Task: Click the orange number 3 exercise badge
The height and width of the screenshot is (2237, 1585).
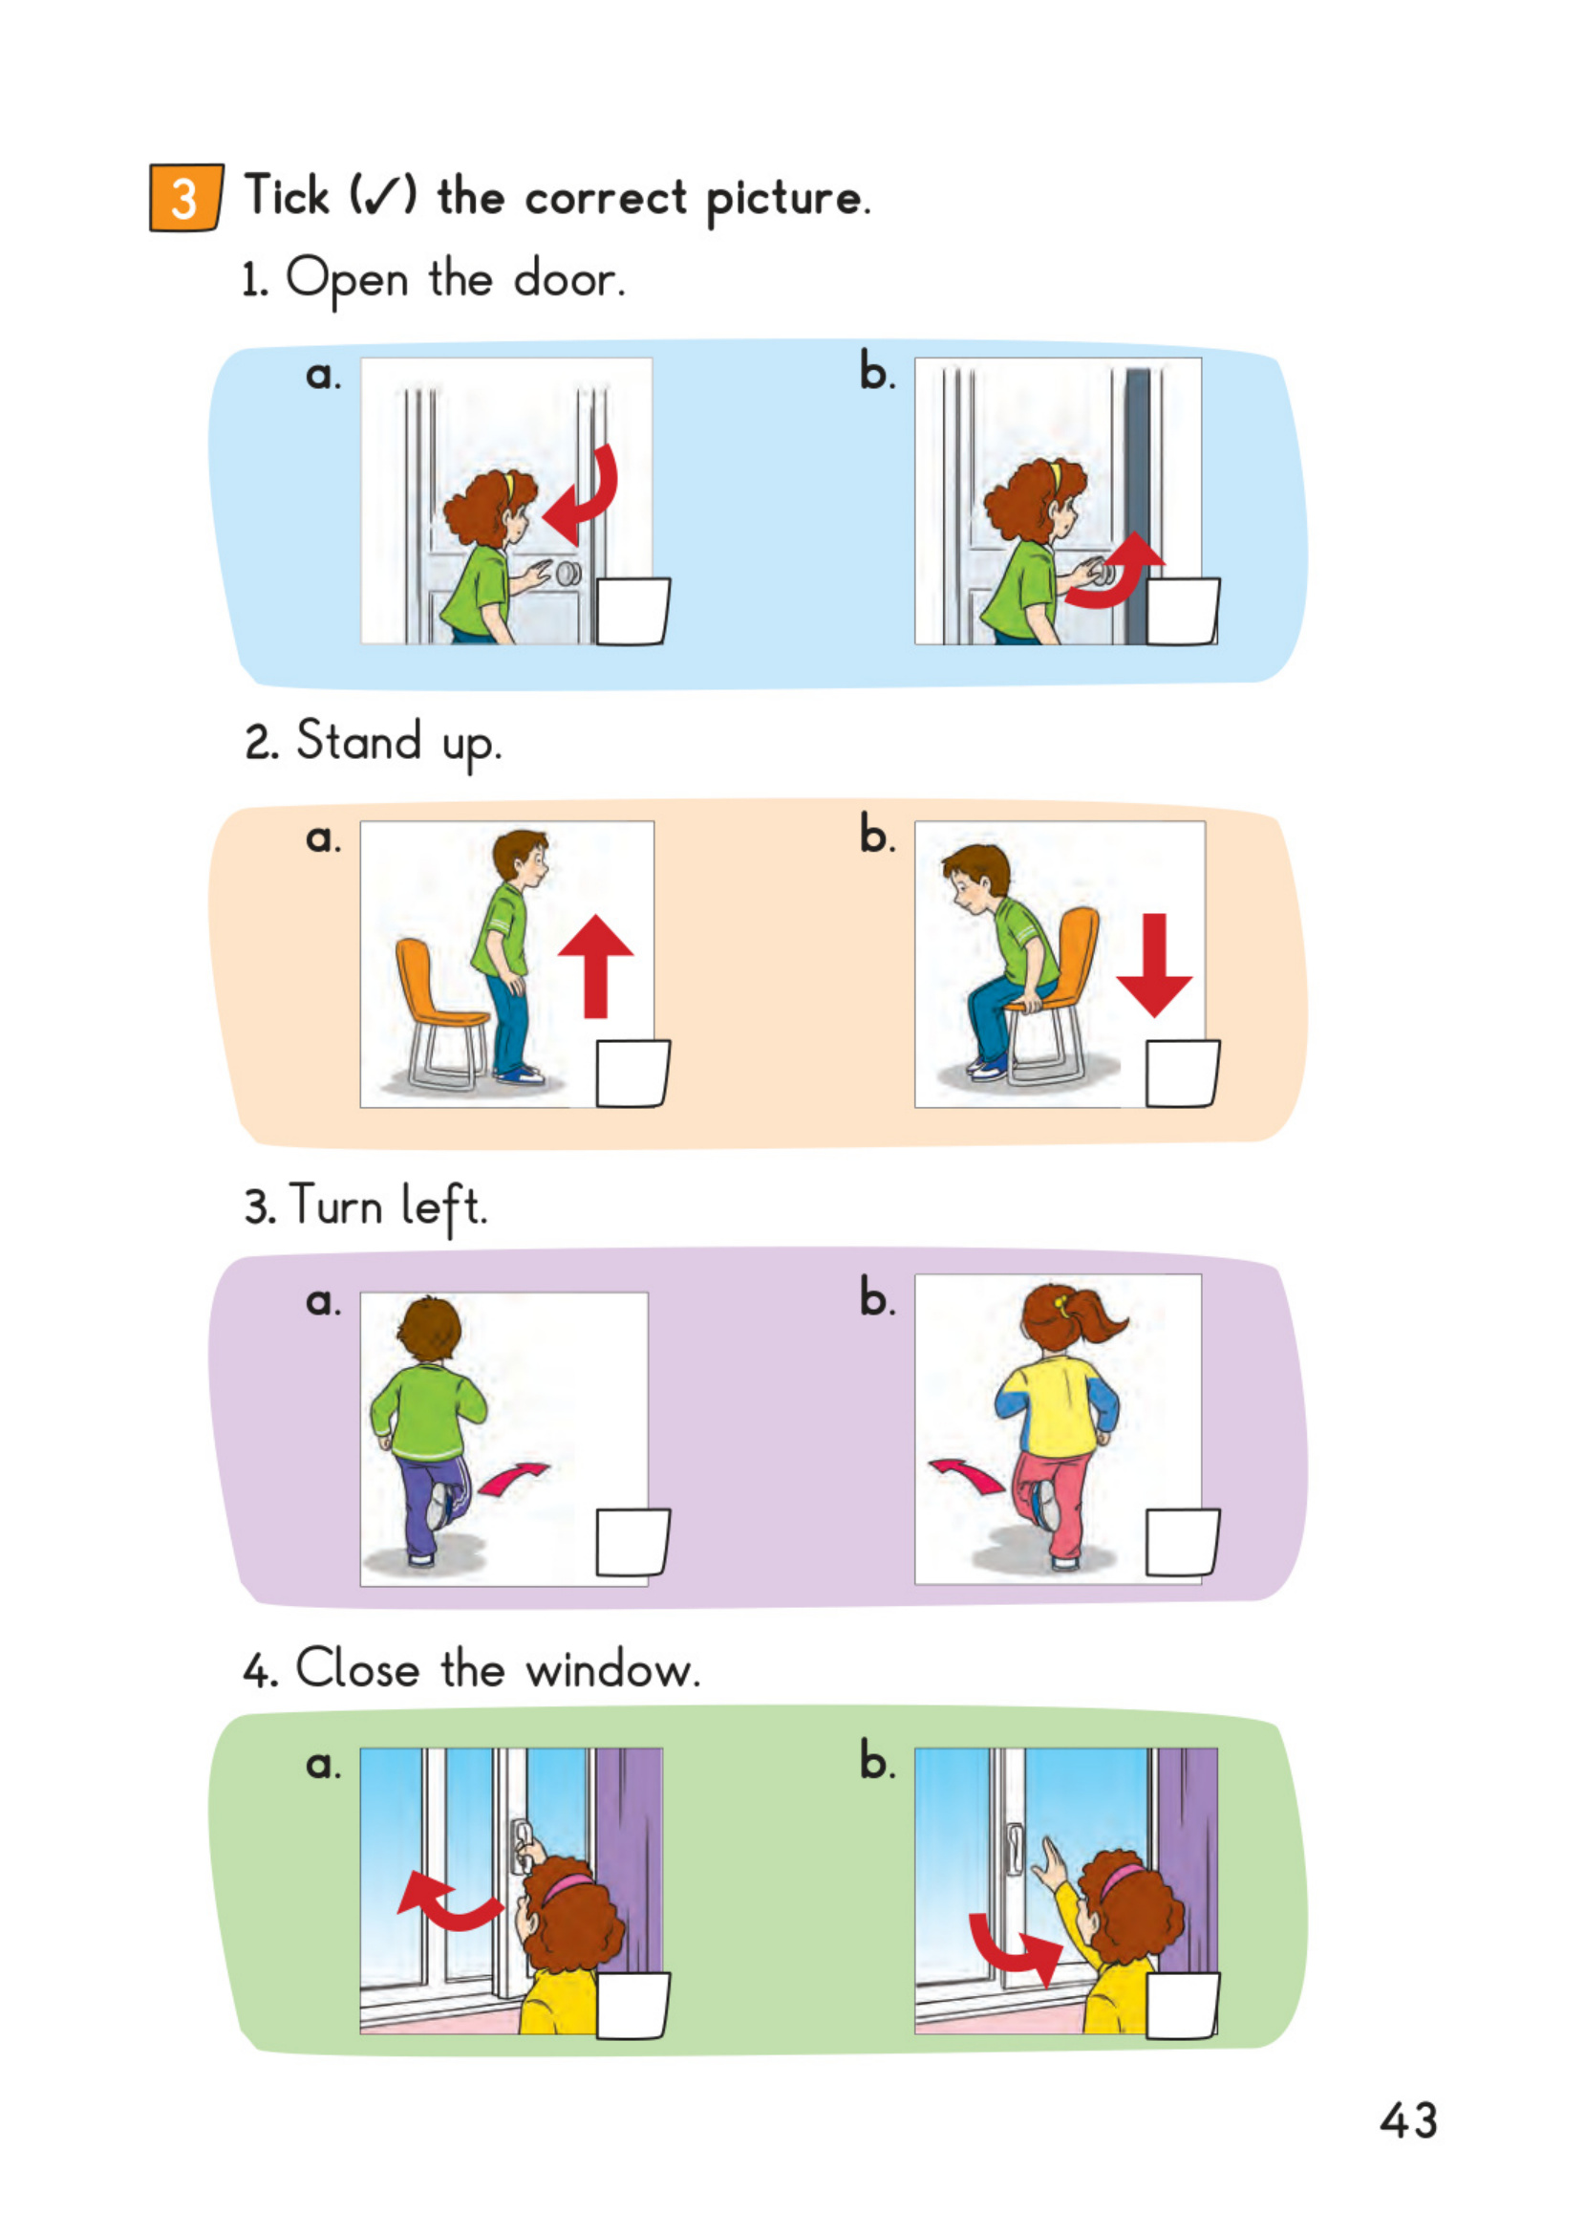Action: click(x=185, y=198)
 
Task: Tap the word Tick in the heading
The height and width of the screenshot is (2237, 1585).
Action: click(x=287, y=194)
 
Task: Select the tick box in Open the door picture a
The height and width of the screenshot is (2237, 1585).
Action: click(x=632, y=611)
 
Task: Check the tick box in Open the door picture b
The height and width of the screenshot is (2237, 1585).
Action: click(x=1182, y=611)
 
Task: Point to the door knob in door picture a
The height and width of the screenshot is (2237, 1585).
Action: click(x=568, y=574)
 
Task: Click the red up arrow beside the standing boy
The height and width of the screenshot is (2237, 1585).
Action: click(x=595, y=966)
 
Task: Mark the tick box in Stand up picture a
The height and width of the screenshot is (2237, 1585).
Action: click(x=632, y=1074)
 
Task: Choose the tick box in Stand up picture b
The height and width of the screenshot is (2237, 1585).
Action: click(x=1182, y=1074)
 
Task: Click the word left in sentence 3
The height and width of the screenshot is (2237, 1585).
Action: click(x=444, y=1206)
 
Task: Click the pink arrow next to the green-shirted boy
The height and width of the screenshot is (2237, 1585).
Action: click(x=512, y=1477)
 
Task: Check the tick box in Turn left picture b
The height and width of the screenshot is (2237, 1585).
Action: click(x=1182, y=1543)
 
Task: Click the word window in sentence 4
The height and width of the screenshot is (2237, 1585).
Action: click(x=613, y=1671)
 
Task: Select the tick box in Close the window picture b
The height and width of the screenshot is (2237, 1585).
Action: click(x=1182, y=2007)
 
